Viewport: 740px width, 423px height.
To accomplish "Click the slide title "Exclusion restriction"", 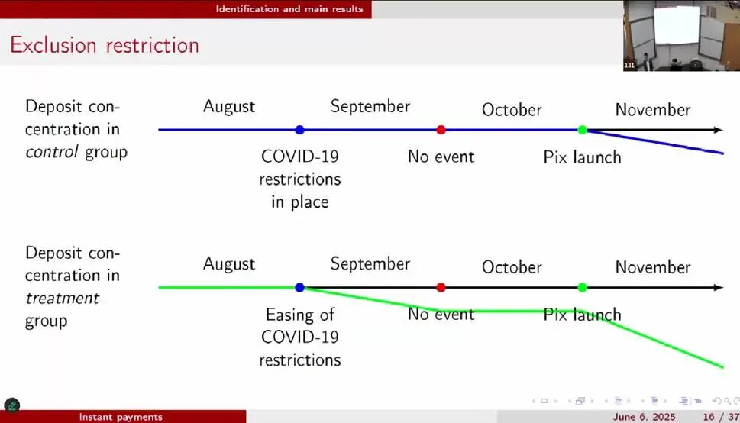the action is click(105, 45).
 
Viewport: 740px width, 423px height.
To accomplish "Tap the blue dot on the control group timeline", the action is click(299, 130).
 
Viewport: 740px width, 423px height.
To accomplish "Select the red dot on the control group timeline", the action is click(441, 130).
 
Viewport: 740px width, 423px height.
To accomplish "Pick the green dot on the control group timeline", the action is click(582, 130).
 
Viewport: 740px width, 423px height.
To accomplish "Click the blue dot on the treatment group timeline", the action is click(299, 288).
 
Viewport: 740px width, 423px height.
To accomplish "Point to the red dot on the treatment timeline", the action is click(441, 288).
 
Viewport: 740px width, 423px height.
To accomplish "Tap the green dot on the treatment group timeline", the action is click(582, 288).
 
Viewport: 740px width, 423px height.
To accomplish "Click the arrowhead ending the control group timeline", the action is click(719, 130).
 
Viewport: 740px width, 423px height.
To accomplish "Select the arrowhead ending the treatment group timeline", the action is click(719, 288).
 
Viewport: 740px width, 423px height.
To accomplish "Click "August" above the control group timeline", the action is click(229, 107).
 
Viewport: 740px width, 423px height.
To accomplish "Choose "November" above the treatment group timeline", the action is click(653, 267).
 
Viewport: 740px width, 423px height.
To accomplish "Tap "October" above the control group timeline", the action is click(512, 110).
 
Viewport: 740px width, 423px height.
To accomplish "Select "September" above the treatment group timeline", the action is click(370, 264).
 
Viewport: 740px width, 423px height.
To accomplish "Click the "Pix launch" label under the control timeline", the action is click(583, 157).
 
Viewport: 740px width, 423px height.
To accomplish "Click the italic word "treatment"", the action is click(63, 299).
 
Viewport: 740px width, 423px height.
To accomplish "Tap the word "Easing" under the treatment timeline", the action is click(300, 315).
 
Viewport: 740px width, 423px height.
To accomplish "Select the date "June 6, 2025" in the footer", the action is click(645, 418).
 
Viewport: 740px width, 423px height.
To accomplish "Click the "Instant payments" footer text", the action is click(121, 418).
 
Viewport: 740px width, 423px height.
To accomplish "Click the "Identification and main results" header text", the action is click(289, 9).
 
